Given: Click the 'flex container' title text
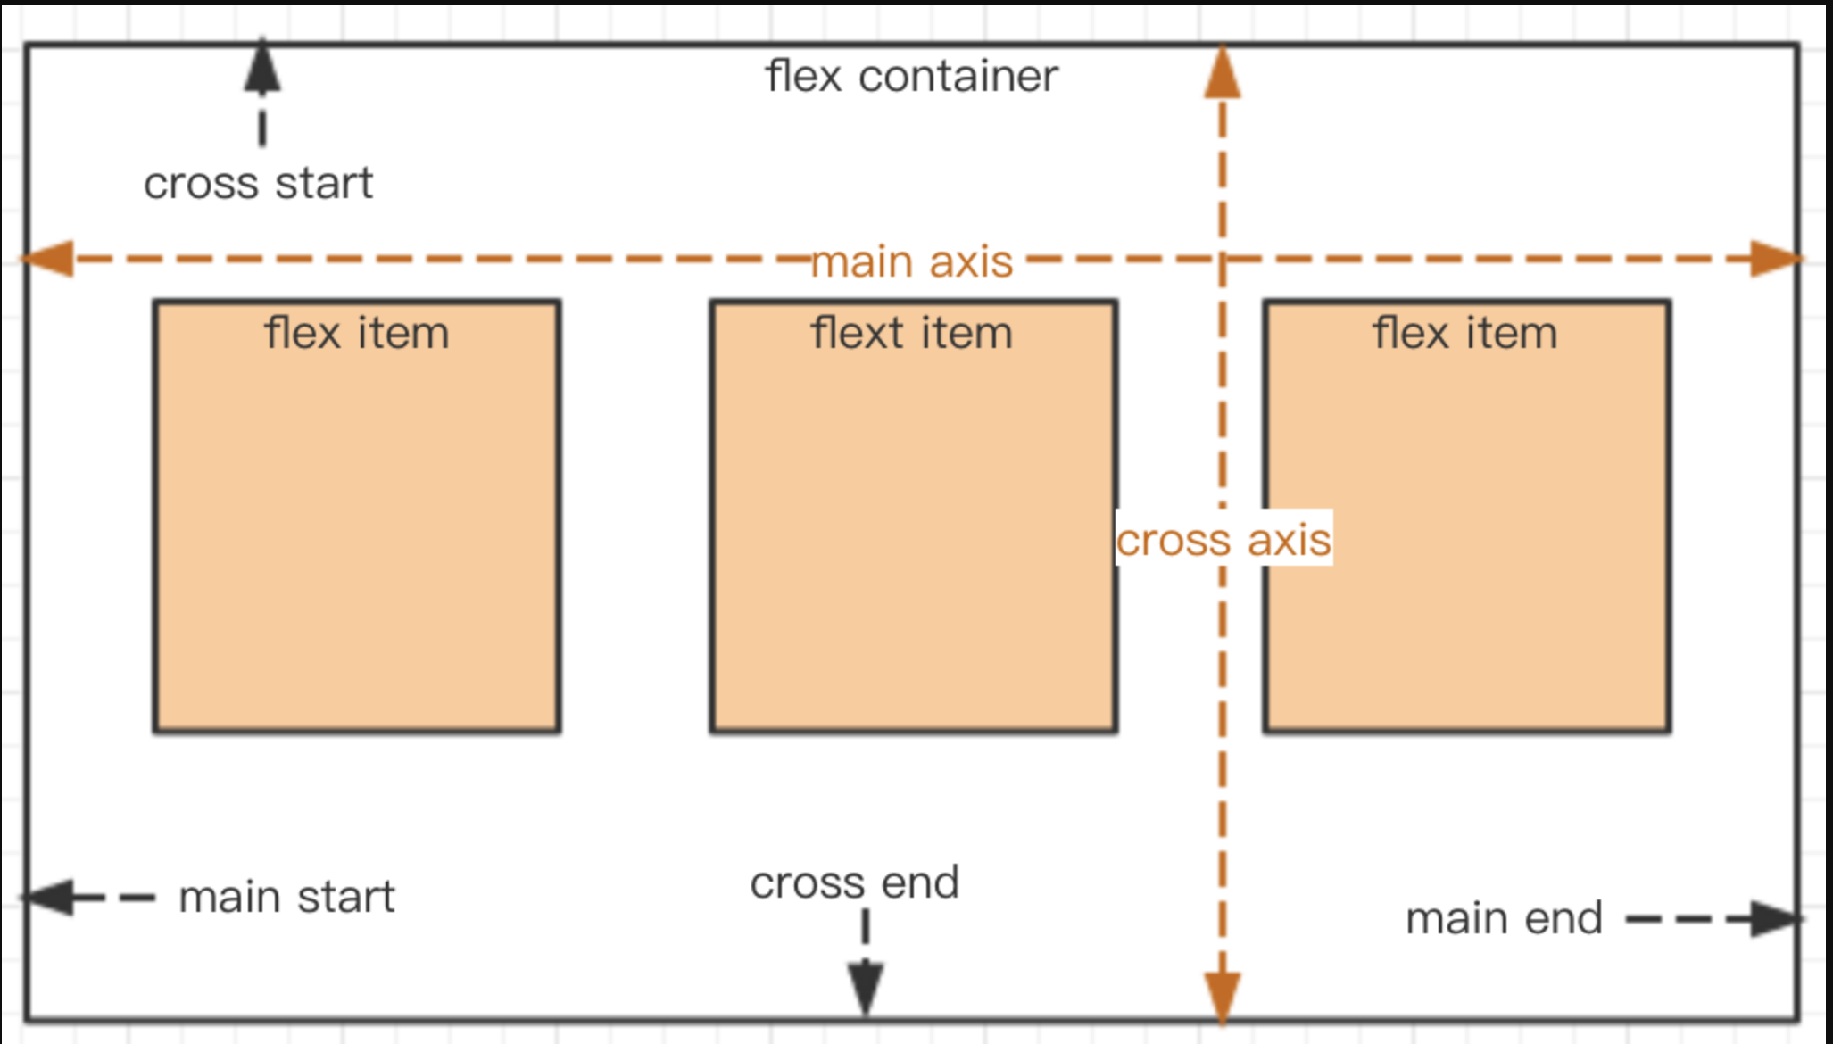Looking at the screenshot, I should click(911, 77).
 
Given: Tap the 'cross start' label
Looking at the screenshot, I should click(258, 184).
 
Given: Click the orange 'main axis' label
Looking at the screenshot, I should click(911, 262).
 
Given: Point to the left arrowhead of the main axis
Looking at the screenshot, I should click(47, 259).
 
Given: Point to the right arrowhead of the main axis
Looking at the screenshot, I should click(1776, 259).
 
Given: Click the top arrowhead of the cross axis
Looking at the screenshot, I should click(1222, 73).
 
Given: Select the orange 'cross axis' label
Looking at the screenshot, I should click(1223, 540).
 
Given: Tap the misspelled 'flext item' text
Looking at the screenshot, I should click(911, 334).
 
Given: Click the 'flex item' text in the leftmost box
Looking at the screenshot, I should click(356, 334).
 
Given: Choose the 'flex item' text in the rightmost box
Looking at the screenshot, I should click(1464, 334).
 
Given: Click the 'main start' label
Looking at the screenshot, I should click(286, 897).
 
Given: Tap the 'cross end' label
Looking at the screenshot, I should click(854, 883).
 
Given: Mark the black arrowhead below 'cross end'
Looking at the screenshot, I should click(866, 987).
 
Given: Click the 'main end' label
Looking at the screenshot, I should click(1504, 919).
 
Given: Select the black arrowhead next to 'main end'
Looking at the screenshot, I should click(1772, 919).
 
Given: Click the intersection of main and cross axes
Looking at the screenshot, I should click(1222, 259).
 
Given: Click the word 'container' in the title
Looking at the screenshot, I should click(958, 77).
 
